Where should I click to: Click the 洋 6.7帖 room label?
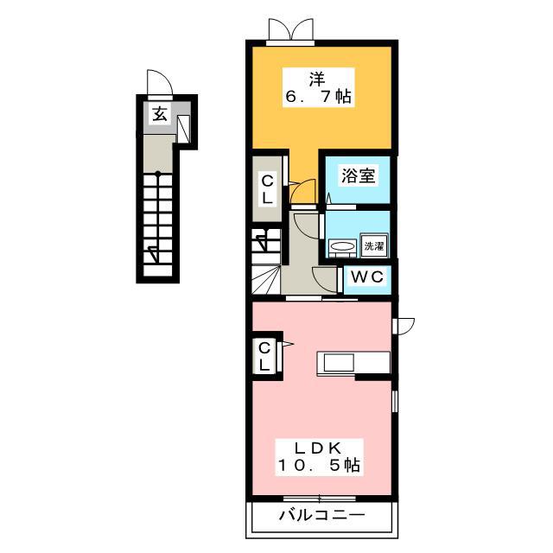(x=319, y=88)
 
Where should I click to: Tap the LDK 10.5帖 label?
(x=319, y=457)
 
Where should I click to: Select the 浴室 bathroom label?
(x=358, y=175)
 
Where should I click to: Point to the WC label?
(x=367, y=276)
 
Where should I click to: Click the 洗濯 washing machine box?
(x=374, y=245)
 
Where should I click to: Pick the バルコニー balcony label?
(x=321, y=516)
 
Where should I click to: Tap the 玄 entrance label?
(x=160, y=113)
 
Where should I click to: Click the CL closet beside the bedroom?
(x=267, y=189)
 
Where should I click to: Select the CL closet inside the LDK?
(x=264, y=356)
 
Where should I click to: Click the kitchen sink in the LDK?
(x=335, y=363)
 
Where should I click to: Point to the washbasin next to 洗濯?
(x=342, y=246)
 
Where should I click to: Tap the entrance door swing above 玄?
(x=160, y=83)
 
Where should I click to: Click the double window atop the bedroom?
(x=290, y=31)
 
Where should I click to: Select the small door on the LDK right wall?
(x=404, y=325)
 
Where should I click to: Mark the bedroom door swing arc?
(x=302, y=191)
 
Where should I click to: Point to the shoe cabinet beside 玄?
(x=183, y=129)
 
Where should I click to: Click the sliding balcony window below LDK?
(x=319, y=499)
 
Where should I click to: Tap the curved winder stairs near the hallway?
(x=266, y=279)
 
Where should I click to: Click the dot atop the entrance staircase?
(x=158, y=174)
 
